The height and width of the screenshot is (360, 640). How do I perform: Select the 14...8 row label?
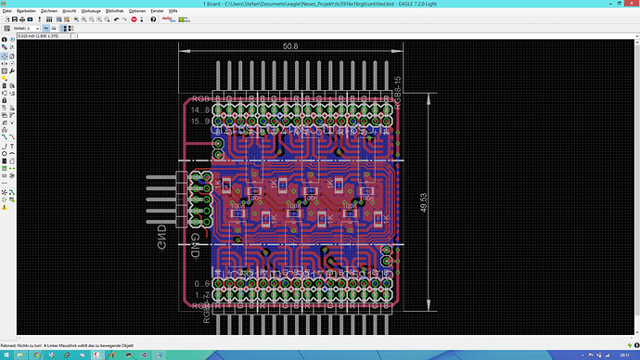tap(199, 109)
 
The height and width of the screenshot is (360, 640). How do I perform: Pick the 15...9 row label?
tap(199, 121)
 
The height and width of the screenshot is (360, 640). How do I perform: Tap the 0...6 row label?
tap(199, 283)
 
